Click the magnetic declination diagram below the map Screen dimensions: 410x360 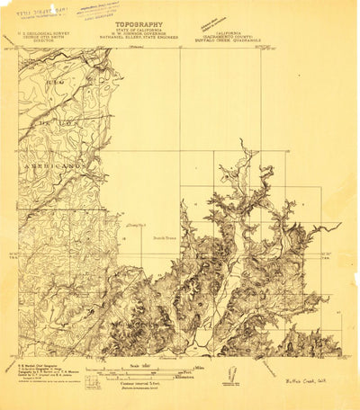click(231, 371)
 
